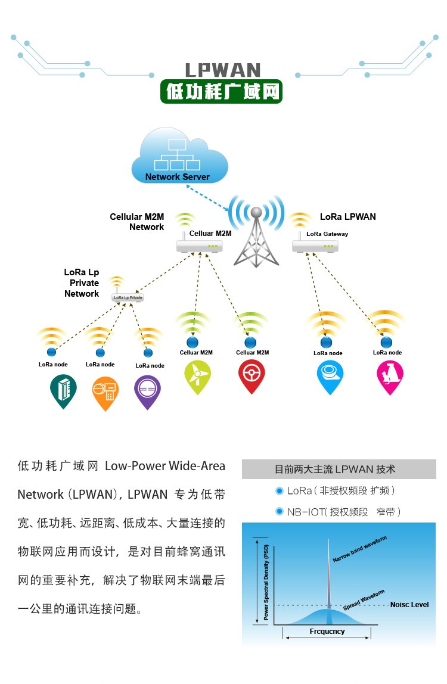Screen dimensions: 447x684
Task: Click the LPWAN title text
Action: point(223,70)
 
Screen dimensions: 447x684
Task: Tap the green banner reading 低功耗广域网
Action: point(221,92)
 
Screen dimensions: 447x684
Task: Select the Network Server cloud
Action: point(179,156)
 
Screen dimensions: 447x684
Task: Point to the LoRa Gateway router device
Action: point(315,247)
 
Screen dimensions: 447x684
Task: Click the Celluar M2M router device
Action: point(200,246)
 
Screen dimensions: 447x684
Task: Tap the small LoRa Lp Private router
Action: point(128,297)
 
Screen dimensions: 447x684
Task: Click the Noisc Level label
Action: point(409,605)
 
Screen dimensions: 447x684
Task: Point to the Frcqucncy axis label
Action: point(327,631)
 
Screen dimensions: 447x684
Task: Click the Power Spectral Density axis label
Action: point(266,582)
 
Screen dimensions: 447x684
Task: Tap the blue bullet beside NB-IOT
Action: point(280,511)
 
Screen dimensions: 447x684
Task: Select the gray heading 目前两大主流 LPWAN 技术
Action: point(339,470)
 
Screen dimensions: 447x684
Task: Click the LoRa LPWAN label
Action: point(347,217)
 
